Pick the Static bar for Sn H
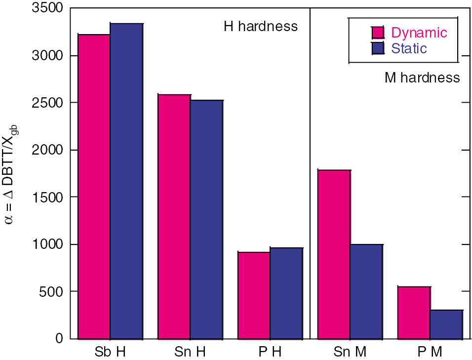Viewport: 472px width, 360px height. tap(206, 219)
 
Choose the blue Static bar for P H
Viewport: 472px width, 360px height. tap(286, 293)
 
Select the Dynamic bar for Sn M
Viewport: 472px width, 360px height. tap(334, 254)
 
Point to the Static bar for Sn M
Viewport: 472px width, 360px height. tap(366, 291)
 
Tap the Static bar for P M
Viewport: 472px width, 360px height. tap(446, 324)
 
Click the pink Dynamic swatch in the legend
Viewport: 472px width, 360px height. tap(378, 33)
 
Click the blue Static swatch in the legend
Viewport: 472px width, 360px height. tap(378, 48)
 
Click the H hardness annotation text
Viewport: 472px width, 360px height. tap(261, 26)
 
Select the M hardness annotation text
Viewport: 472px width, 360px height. tap(422, 78)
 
